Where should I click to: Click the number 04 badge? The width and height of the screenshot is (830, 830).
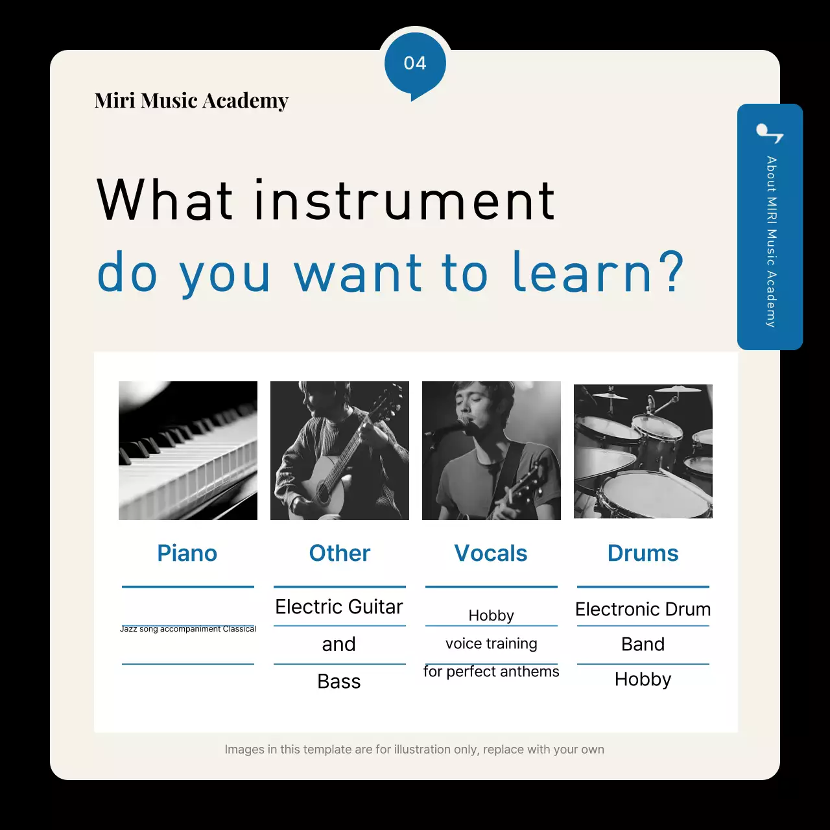(415, 64)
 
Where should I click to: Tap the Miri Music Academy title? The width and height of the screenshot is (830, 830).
(191, 101)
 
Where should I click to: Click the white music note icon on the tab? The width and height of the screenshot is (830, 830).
(770, 134)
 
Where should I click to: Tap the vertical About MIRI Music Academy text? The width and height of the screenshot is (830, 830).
(770, 241)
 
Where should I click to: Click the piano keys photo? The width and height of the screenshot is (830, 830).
(188, 451)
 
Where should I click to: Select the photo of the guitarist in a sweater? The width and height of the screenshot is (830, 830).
(340, 451)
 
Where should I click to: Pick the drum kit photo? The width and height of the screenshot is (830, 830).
(643, 451)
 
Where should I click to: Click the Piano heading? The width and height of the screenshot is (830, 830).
(187, 553)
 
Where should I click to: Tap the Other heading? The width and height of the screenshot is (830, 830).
(340, 553)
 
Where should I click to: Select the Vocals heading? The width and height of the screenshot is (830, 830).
(491, 553)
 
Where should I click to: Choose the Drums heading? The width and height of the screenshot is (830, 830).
(643, 553)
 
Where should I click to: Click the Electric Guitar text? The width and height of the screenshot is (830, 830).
(339, 607)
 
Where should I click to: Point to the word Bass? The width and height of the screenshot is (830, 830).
(339, 682)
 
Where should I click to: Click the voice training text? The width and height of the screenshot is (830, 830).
(492, 643)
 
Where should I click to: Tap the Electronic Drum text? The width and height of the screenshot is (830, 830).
(643, 610)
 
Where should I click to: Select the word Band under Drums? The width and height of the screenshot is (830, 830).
(643, 644)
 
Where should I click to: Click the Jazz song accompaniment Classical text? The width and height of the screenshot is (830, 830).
(188, 629)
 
